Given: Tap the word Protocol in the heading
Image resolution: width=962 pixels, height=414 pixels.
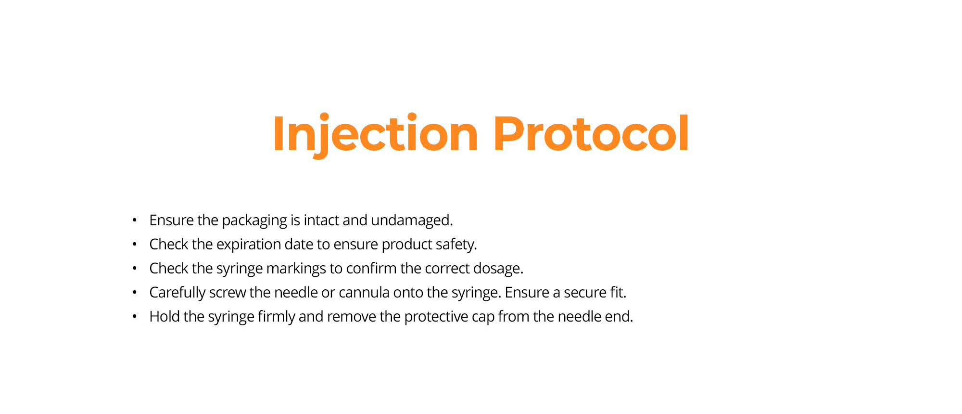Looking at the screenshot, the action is click(x=591, y=133).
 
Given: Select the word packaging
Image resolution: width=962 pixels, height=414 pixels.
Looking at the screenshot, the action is click(x=254, y=220).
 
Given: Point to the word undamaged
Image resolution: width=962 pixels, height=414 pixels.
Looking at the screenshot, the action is click(x=412, y=220).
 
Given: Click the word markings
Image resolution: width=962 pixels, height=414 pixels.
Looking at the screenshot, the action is click(x=296, y=269).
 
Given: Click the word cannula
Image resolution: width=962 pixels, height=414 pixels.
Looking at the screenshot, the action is click(x=364, y=292).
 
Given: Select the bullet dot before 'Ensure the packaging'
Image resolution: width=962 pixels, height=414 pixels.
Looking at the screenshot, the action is click(x=135, y=220).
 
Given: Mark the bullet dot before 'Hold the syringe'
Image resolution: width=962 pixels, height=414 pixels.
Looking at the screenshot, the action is click(x=135, y=317).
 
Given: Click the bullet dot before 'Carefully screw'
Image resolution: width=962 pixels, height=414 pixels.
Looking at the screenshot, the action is click(x=135, y=293).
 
